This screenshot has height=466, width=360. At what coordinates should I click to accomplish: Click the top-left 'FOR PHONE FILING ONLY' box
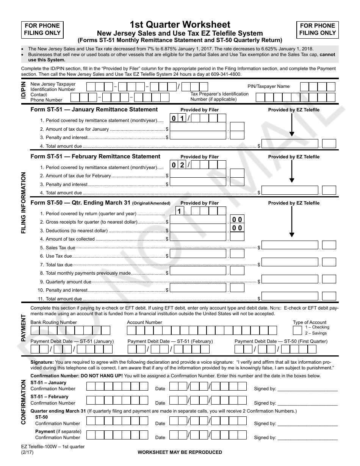coord(42,29)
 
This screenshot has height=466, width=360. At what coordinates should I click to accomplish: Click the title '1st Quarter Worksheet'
coord(180,25)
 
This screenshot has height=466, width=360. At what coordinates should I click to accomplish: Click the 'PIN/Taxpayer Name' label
coord(268,86)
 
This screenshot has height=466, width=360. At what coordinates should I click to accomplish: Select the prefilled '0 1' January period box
coord(178,119)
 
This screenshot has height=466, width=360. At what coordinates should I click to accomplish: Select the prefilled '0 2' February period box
coord(178,165)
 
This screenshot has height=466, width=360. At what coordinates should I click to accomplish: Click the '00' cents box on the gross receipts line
coord(237,220)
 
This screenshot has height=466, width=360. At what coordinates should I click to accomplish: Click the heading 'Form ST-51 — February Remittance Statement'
coord(95,156)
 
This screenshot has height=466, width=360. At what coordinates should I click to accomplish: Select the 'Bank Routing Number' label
coord(53,322)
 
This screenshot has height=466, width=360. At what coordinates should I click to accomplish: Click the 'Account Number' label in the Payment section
coord(144,322)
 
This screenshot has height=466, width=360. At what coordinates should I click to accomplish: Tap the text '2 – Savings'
coord(316,333)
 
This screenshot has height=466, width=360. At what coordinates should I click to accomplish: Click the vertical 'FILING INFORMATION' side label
coord(23,203)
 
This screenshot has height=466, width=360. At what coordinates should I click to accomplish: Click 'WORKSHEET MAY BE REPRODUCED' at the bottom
coord(180,452)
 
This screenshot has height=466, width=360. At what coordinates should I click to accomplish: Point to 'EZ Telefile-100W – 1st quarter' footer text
coord(58,447)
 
